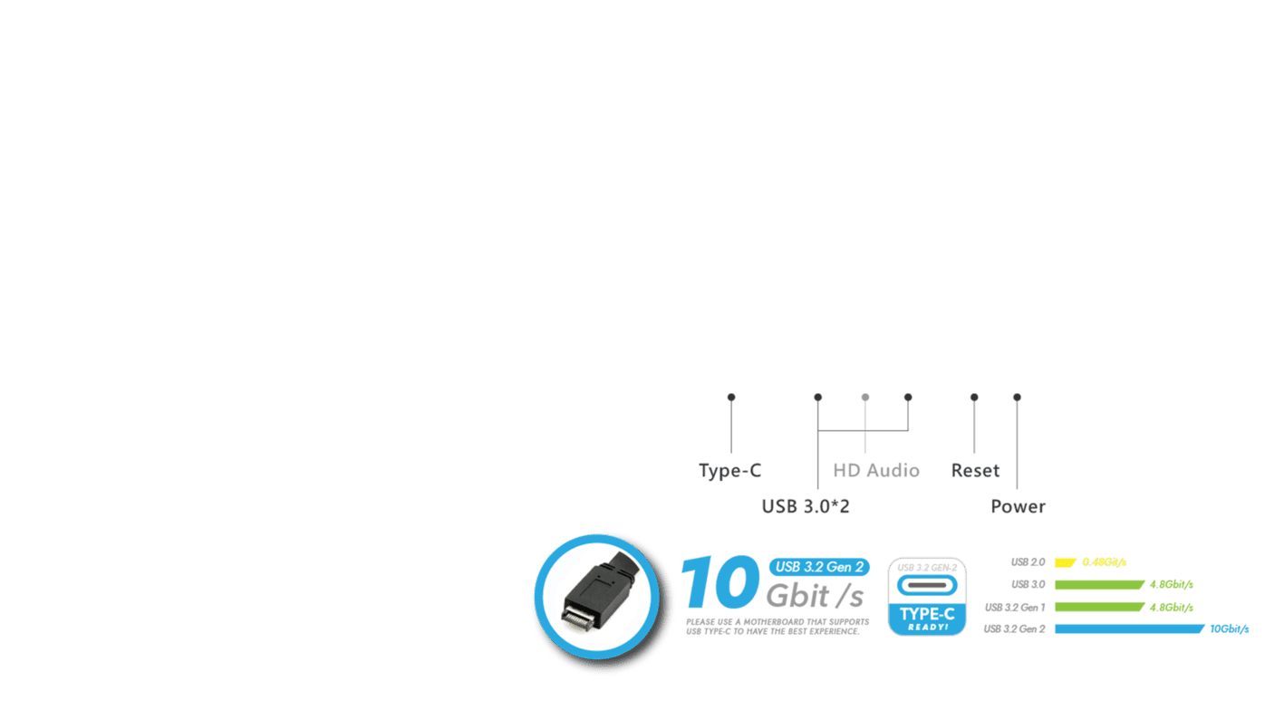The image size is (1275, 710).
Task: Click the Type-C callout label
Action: coord(729,471)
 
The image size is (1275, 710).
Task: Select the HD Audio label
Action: coord(876,471)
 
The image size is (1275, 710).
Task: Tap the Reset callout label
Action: coord(975,471)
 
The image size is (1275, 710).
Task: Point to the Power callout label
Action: coord(1018,506)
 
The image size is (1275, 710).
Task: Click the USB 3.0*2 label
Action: coord(806,506)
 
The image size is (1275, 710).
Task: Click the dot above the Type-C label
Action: coord(731,397)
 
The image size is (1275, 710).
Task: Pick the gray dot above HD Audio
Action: coord(865,397)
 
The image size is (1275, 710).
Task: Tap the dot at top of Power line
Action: coord(1017,397)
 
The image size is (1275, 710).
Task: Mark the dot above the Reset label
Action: coord(974,397)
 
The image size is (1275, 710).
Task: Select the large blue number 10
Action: coord(720,582)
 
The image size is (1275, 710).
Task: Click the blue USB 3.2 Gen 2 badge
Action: coord(819,567)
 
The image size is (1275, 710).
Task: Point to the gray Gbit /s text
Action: coord(815,596)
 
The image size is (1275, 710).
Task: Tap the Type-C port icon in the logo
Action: coord(927,585)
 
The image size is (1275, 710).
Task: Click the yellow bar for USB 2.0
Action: coord(1065,562)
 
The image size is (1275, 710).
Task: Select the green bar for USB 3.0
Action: coord(1100,585)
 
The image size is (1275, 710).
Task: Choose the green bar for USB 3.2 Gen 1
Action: coord(1100,607)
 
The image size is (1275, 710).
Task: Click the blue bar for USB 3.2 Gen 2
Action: coord(1130,628)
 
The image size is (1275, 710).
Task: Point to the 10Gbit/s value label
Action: coord(1230,628)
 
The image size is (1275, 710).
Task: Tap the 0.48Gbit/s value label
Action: coord(1105,562)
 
